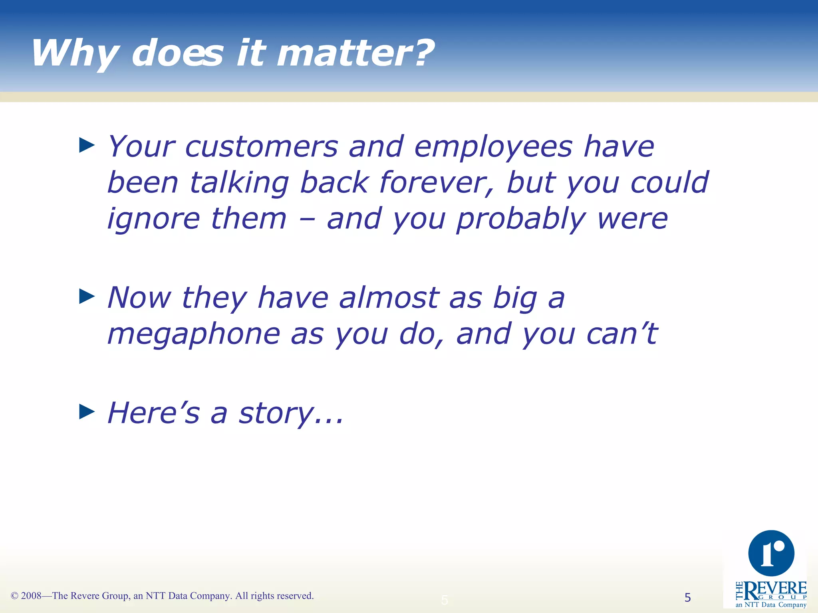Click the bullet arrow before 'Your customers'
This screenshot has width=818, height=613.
tap(87, 145)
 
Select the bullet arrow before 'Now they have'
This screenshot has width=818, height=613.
tap(87, 296)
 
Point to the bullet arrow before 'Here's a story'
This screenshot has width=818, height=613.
tap(87, 411)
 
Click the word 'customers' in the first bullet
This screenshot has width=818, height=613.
tap(262, 147)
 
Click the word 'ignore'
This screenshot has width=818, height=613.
tap(154, 219)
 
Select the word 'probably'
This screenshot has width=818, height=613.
tap(521, 219)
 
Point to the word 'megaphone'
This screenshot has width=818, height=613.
tap(194, 334)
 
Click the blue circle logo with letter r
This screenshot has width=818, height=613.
tap(771, 553)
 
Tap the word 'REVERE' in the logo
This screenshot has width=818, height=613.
tap(775, 589)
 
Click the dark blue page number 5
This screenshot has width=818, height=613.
tap(687, 597)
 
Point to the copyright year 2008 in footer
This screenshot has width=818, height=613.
tap(31, 596)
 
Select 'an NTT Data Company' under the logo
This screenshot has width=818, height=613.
tap(770, 605)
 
